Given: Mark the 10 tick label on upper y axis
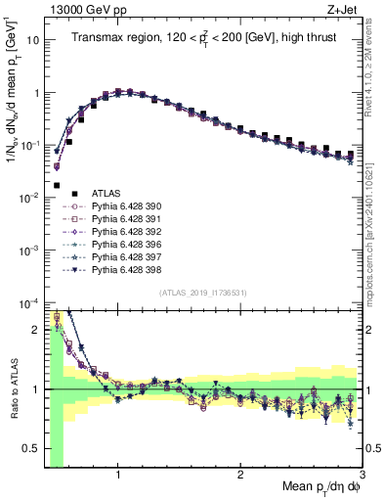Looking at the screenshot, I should point(33,41).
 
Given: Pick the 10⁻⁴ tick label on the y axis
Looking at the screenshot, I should point(29,301).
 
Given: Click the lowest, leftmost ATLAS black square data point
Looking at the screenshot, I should point(57,184).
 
